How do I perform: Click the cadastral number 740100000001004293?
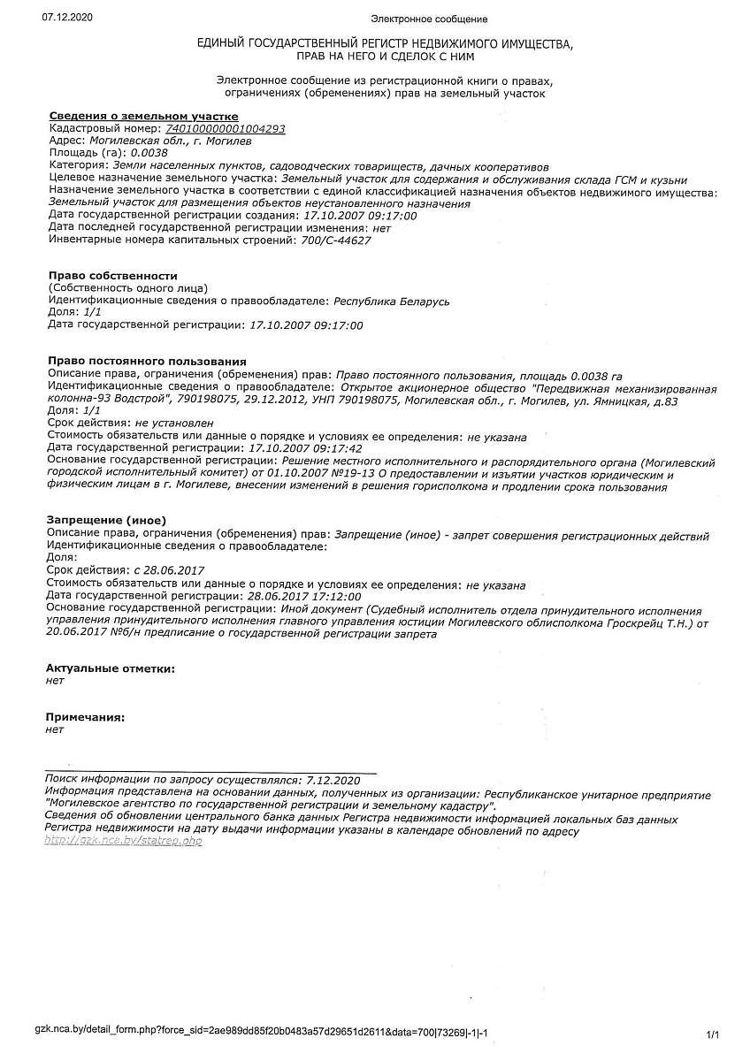[x=226, y=129]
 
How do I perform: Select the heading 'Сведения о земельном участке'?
[x=142, y=117]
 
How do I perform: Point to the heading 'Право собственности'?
[x=112, y=276]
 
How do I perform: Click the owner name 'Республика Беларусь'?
[x=392, y=302]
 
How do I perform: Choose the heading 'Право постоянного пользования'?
[x=146, y=362]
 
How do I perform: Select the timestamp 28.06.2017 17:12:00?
[x=304, y=598]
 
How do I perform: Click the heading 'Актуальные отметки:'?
[x=111, y=668]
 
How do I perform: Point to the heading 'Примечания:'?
[x=85, y=717]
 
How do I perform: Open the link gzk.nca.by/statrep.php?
[x=124, y=841]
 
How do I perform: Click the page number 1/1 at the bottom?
[x=713, y=1034]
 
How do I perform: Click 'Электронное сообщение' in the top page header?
[x=428, y=19]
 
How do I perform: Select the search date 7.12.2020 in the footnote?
[x=333, y=781]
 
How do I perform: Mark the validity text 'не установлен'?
[x=174, y=424]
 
